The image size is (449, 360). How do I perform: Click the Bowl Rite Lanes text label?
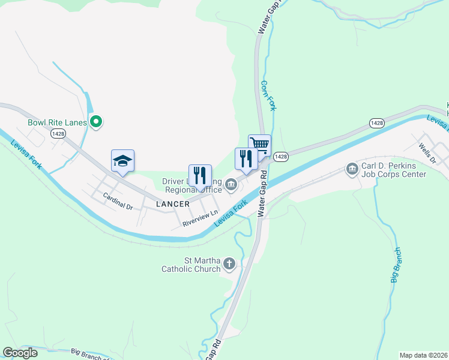[x=58, y=122]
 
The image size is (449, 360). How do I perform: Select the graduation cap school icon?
[x=122, y=161]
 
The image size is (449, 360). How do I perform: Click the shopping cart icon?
[x=260, y=145]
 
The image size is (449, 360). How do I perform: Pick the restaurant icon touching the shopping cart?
[x=246, y=158]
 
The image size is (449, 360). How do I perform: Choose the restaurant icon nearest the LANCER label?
[x=200, y=175]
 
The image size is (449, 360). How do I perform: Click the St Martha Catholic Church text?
[x=191, y=265]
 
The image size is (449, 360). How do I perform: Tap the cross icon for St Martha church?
[x=229, y=263]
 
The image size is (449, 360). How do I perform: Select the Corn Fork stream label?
[x=268, y=95]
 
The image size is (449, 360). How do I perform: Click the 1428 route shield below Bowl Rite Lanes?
[x=58, y=133]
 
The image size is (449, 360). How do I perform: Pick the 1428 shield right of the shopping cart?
[x=280, y=156]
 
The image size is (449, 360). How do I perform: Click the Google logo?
[x=20, y=353]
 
